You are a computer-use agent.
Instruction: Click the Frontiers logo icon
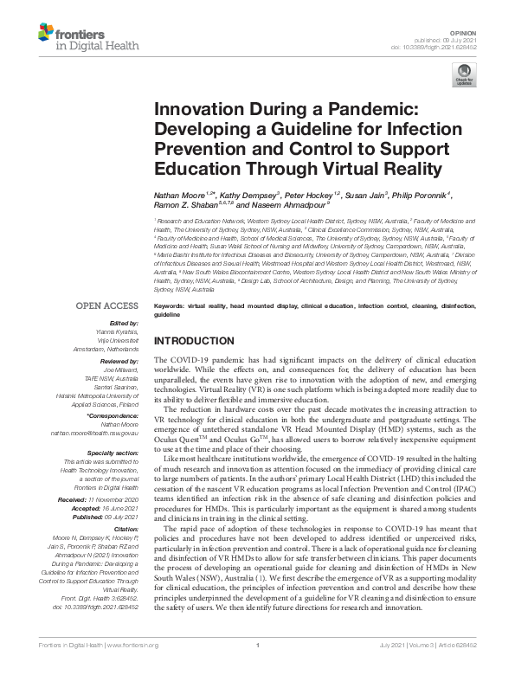(47, 35)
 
